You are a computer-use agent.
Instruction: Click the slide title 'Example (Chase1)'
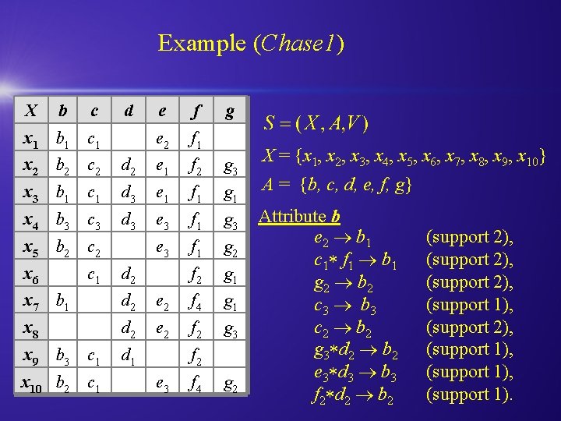[251, 43]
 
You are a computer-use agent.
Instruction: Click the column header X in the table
[31, 111]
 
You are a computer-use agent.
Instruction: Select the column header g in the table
[229, 111]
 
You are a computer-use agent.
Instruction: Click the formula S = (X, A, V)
[316, 123]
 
